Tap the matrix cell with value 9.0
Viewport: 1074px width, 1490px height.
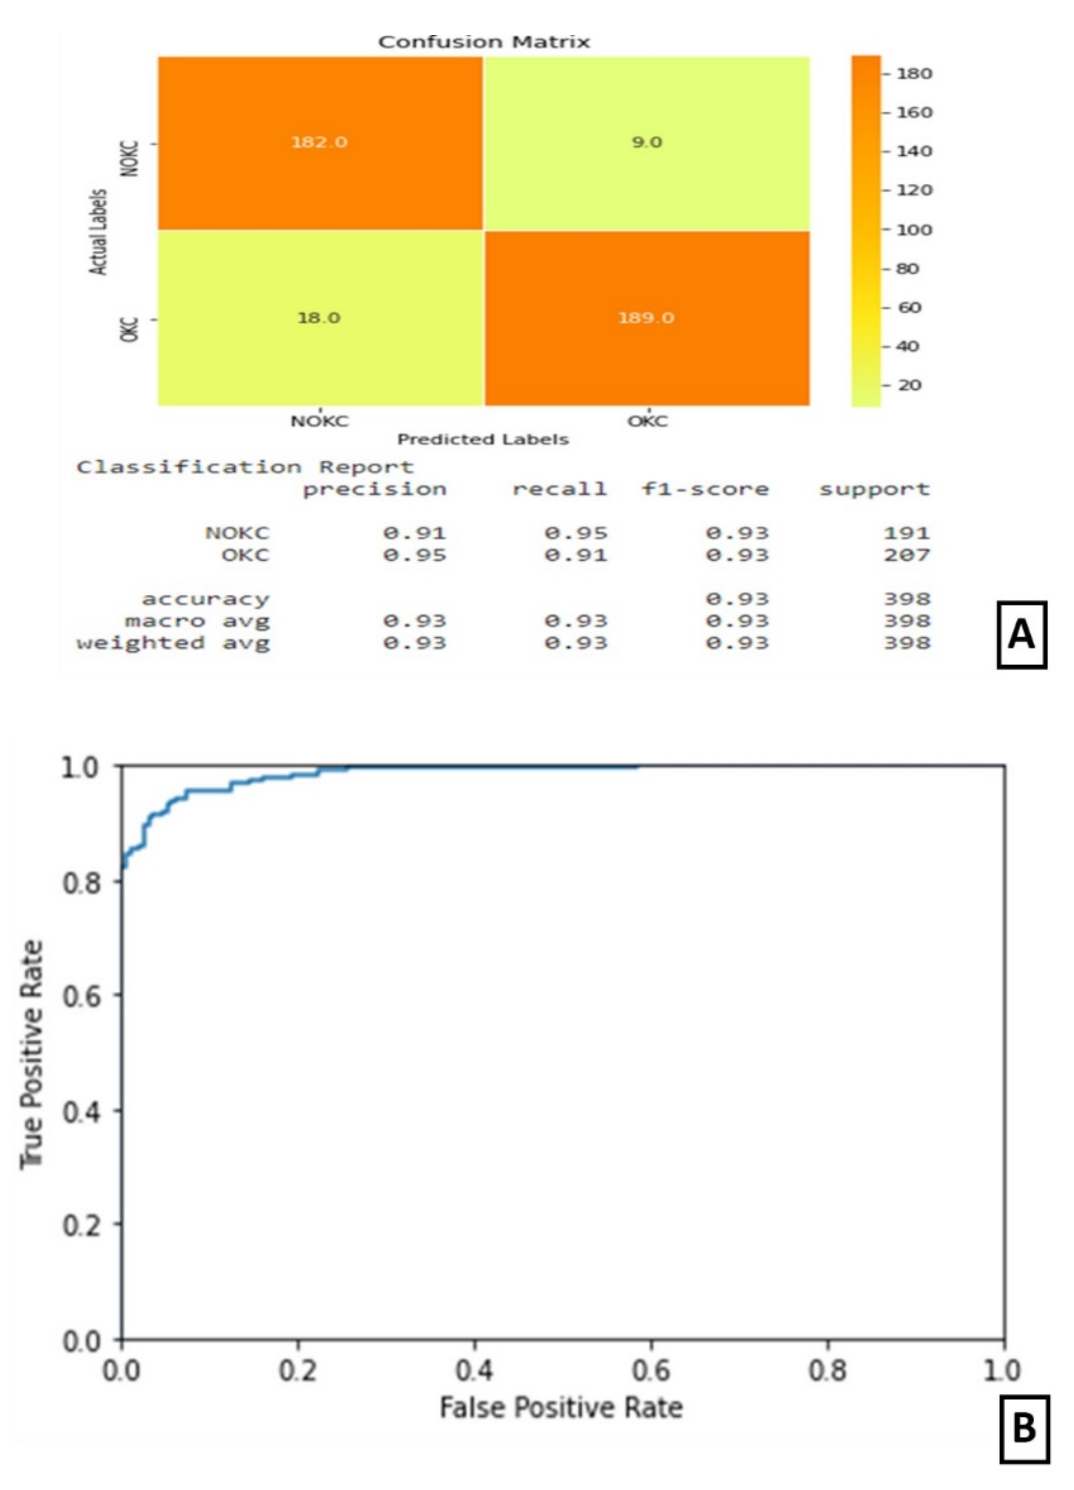[646, 142]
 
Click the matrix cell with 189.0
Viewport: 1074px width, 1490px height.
[646, 318]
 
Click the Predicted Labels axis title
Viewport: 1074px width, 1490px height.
[483, 439]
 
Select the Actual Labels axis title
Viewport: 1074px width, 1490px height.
[99, 232]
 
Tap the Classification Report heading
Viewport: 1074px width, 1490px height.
[245, 467]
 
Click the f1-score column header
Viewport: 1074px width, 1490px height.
[705, 489]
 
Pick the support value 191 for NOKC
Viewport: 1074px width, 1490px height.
[907, 533]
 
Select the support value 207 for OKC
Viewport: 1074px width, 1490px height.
[907, 555]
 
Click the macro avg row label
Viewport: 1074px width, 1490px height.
[197, 621]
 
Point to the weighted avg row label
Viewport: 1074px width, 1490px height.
[173, 642]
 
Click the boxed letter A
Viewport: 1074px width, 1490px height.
[1022, 635]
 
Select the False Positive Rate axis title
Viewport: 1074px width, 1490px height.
[562, 1408]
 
